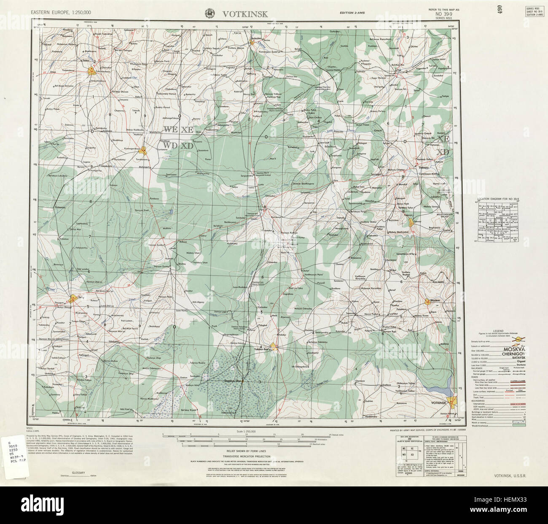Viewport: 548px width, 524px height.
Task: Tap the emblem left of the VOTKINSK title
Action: pyautogui.click(x=209, y=14)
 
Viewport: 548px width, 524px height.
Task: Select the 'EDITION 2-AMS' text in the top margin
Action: pyautogui.click(x=353, y=14)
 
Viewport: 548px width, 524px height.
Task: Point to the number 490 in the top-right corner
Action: pyautogui.click(x=500, y=10)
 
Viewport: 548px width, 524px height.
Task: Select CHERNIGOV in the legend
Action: pyautogui.click(x=514, y=356)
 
